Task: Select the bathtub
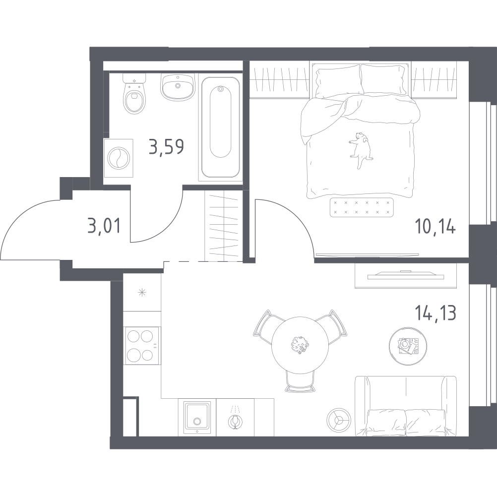pyautogui.click(x=221, y=127)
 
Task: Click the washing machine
pyautogui.click(x=119, y=158)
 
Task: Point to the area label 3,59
pyautogui.click(x=166, y=147)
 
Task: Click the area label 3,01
pyautogui.click(x=104, y=226)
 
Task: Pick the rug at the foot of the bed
pyautogui.click(x=362, y=207)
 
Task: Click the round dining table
pyautogui.click(x=300, y=345)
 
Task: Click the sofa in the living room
pyautogui.click(x=406, y=406)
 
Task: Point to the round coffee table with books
pyautogui.click(x=408, y=345)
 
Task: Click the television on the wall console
pyautogui.click(x=406, y=275)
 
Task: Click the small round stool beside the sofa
pyautogui.click(x=339, y=420)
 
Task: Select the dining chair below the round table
pyautogui.click(x=300, y=381)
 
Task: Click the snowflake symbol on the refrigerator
pyautogui.click(x=142, y=293)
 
